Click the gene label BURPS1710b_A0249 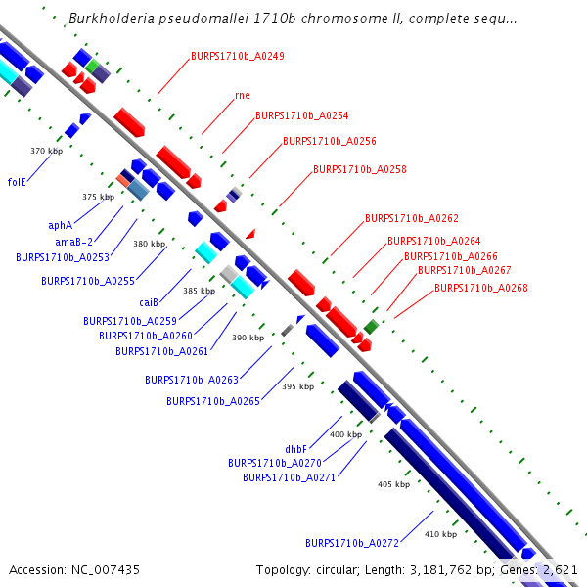click(x=238, y=56)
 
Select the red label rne click(x=243, y=96)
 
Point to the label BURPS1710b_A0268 click(x=480, y=288)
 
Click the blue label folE click(x=17, y=182)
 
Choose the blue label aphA click(x=61, y=225)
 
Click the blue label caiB click(x=149, y=302)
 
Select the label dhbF click(x=296, y=449)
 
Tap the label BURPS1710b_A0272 click(x=351, y=542)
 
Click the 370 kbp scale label click(x=46, y=151)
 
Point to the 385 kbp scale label click(x=198, y=291)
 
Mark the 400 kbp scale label click(x=345, y=434)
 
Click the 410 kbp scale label click(x=440, y=534)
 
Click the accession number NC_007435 click(x=74, y=569)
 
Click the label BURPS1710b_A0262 click(x=411, y=218)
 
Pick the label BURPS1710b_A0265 click(x=212, y=401)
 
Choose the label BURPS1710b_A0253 click(x=63, y=257)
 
